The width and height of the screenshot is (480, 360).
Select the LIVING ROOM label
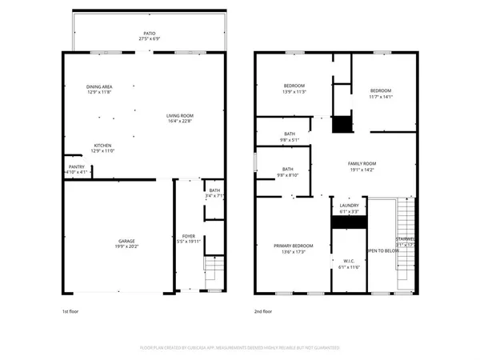point(179,116)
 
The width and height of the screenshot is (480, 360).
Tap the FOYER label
point(189,237)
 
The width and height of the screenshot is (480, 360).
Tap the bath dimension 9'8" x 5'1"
point(290,140)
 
